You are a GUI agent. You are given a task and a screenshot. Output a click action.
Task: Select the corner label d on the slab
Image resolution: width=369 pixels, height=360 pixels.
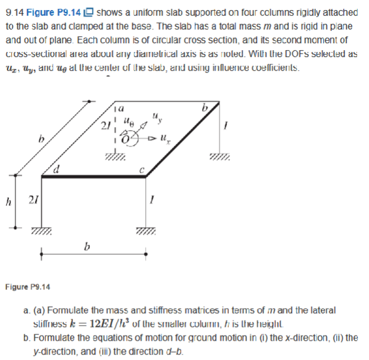(56, 168)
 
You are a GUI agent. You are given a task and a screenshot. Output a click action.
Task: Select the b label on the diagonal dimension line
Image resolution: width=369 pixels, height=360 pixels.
(41, 137)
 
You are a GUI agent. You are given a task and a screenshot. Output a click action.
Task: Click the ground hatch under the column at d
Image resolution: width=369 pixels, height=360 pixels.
(41, 232)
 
